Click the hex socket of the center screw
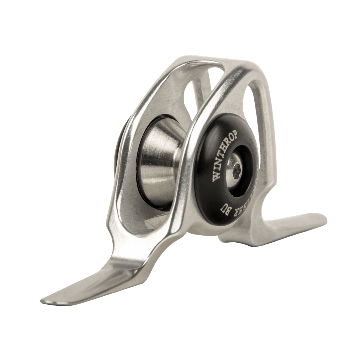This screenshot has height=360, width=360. click(x=237, y=171)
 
